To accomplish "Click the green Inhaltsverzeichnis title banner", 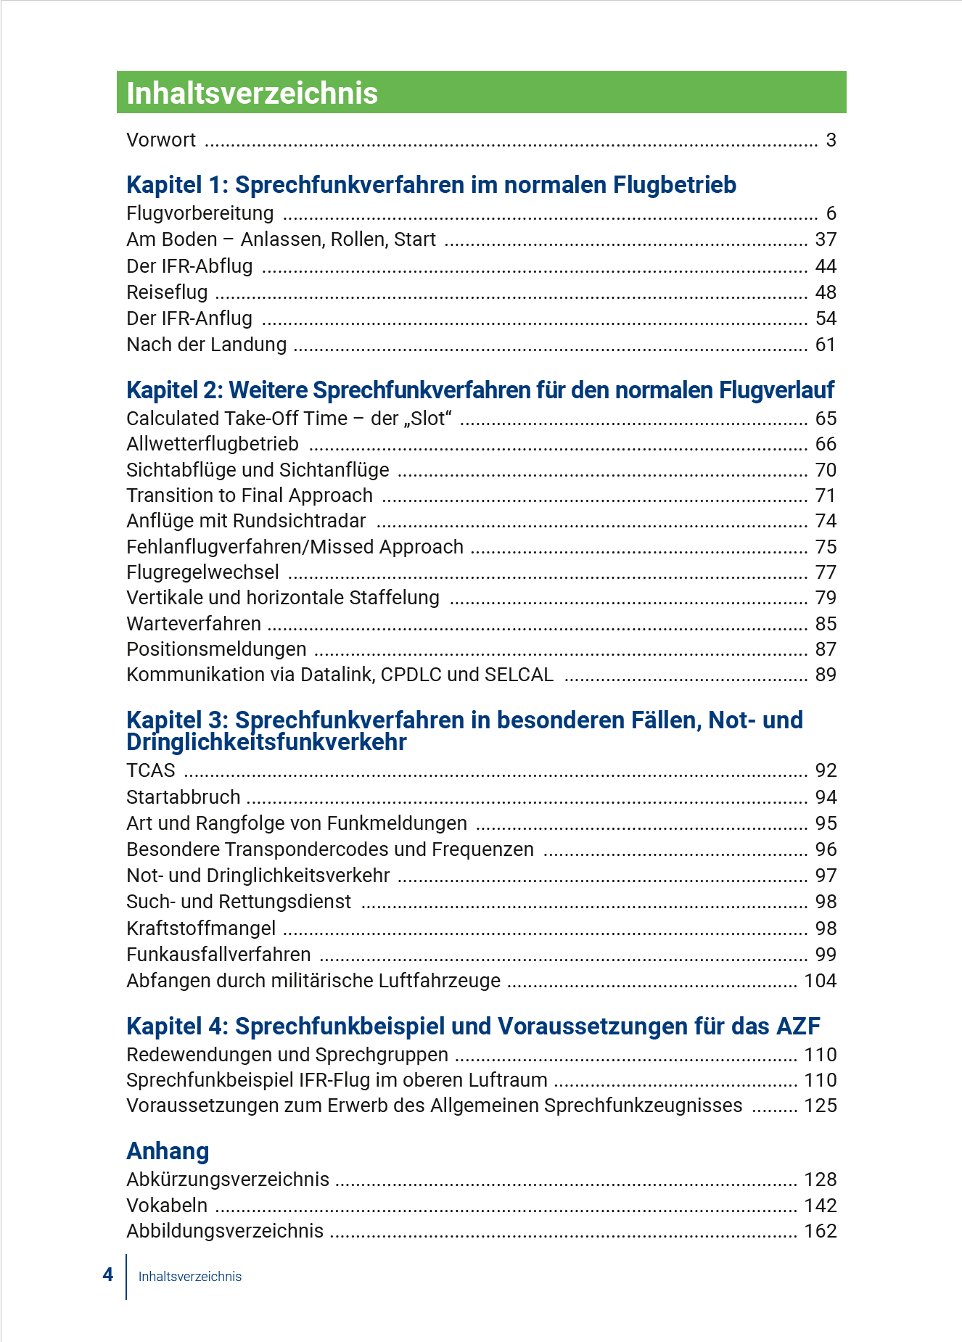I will tap(481, 93).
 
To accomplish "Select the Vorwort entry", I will tap(161, 140).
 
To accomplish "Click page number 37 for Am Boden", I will tap(826, 239).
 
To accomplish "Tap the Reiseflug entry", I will tap(167, 292).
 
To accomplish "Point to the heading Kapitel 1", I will tap(431, 185).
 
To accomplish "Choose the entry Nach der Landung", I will tap(207, 345).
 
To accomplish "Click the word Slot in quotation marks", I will tap(431, 419).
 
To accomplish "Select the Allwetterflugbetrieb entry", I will tap(213, 444).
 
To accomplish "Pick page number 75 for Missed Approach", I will tap(826, 547).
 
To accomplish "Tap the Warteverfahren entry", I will tap(194, 624).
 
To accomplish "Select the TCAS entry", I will tap(151, 770).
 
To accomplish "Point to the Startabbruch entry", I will tap(184, 797).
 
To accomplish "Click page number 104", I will tap(821, 981).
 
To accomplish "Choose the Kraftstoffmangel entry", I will tap(201, 929).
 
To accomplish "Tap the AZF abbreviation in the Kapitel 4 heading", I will tap(798, 1026).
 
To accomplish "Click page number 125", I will tap(821, 1106).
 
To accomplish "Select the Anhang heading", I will tap(168, 1151).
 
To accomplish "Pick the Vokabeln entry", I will tap(167, 1206).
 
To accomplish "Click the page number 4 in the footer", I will tap(108, 1275).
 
